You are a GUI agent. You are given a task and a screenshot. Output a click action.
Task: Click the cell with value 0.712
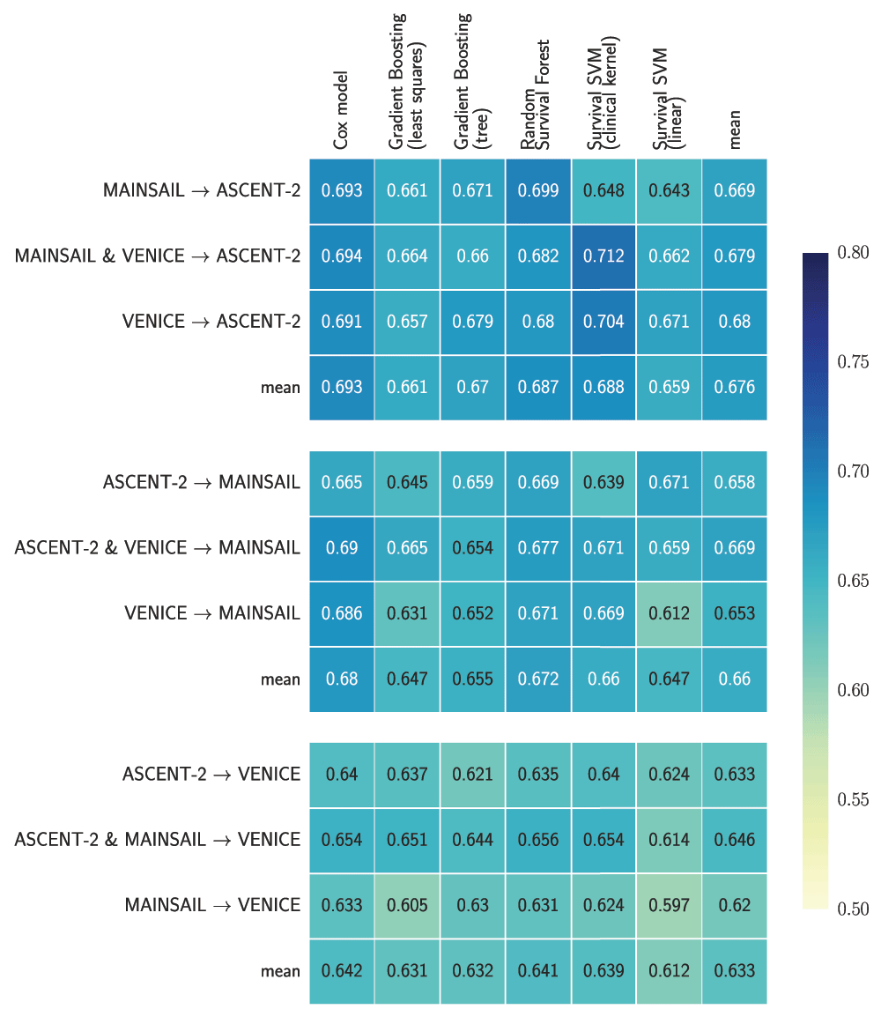(x=603, y=256)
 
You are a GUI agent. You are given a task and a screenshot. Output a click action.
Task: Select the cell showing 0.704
(x=603, y=322)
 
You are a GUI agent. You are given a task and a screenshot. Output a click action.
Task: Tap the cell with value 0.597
(x=669, y=905)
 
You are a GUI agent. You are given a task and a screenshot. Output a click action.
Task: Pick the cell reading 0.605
(x=407, y=905)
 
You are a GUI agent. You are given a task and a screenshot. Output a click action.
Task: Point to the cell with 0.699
(x=538, y=191)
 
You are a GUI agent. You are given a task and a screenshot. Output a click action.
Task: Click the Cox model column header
(x=341, y=110)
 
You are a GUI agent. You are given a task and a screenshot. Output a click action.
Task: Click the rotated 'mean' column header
(x=734, y=129)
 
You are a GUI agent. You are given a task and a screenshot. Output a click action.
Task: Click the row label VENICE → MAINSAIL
(x=212, y=613)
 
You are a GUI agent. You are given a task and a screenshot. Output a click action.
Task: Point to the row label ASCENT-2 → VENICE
(x=211, y=775)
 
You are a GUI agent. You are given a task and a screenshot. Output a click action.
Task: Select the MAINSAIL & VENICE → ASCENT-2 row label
(x=158, y=256)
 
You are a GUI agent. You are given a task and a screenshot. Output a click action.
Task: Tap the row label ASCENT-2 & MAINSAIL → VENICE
(x=158, y=840)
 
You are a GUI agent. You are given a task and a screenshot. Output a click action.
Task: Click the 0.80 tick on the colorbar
(x=853, y=253)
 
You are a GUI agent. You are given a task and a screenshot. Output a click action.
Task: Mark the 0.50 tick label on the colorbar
(x=853, y=909)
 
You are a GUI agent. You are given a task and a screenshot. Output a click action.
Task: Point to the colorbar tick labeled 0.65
(x=853, y=581)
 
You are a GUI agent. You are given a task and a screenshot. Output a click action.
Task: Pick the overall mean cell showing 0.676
(x=734, y=387)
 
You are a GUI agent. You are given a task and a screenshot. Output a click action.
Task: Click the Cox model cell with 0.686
(x=342, y=613)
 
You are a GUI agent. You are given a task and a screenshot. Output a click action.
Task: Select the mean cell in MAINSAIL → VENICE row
(x=734, y=905)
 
